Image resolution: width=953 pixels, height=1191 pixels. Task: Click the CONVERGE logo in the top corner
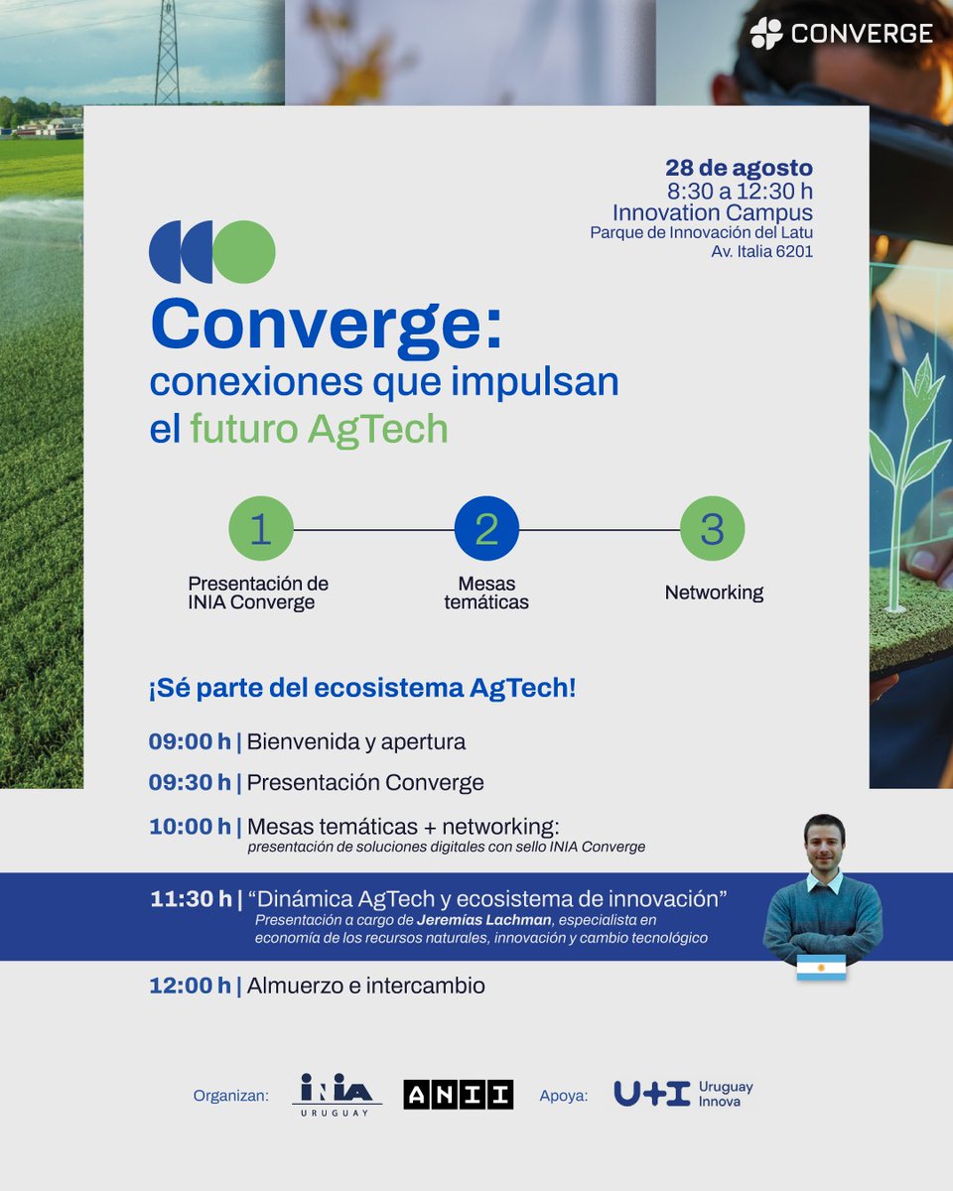click(x=841, y=34)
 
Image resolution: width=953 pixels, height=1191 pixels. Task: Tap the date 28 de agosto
click(x=739, y=168)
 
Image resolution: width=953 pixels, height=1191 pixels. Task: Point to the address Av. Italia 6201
click(x=761, y=252)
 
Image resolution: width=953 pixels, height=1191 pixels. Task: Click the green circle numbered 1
click(x=260, y=529)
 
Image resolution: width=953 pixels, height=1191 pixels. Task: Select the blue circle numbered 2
click(x=486, y=529)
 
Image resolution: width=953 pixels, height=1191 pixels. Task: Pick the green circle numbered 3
click(x=712, y=529)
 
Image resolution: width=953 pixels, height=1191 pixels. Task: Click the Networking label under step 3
click(x=714, y=593)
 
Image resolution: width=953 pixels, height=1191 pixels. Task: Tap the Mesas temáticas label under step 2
click(x=486, y=593)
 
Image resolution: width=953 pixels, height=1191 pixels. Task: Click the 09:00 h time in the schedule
click(x=190, y=741)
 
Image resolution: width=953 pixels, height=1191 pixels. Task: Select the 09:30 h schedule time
click(x=190, y=782)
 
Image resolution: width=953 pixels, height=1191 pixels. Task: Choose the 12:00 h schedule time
click(x=191, y=986)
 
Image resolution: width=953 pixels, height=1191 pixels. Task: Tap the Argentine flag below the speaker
click(x=821, y=968)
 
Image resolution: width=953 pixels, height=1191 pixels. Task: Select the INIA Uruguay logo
click(x=337, y=1095)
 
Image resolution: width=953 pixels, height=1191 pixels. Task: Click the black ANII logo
click(x=458, y=1094)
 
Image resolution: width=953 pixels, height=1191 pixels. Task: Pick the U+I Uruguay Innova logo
click(x=683, y=1094)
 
